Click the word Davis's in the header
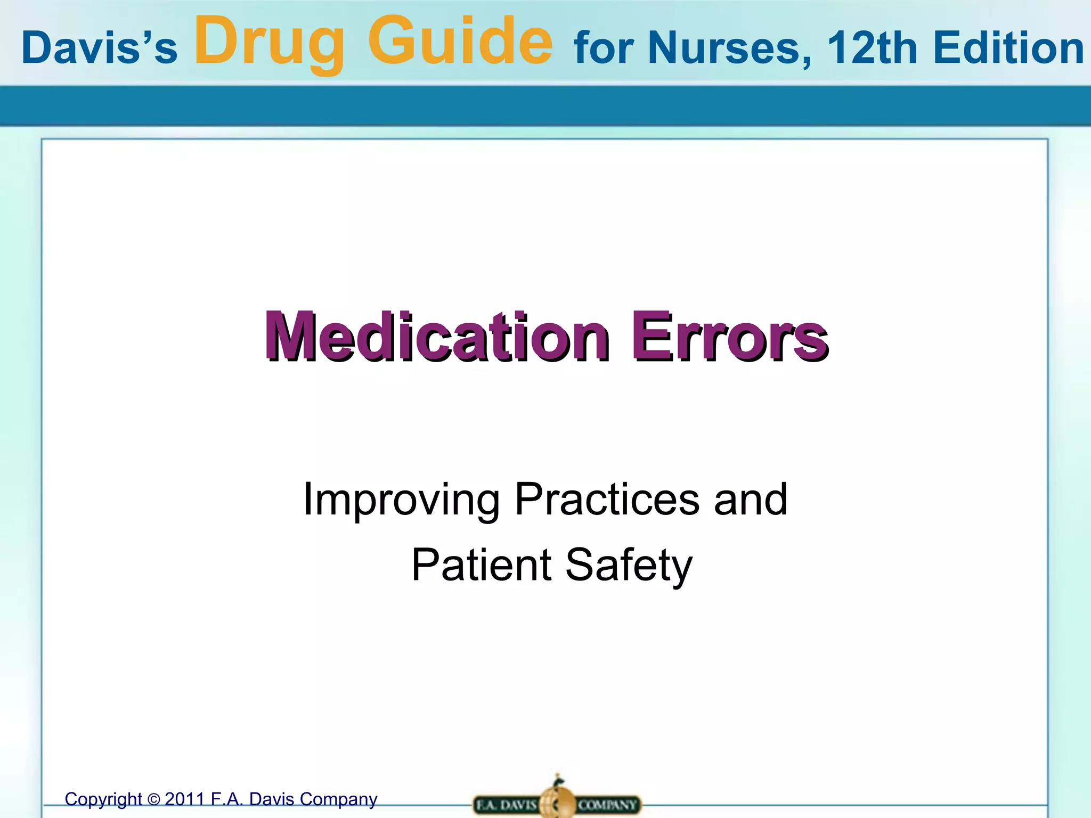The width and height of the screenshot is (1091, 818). pyautogui.click(x=99, y=48)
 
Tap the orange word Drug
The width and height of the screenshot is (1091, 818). pyautogui.click(x=270, y=43)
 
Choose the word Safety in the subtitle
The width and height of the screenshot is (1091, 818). pyautogui.click(x=629, y=566)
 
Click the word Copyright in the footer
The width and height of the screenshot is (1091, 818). pyautogui.click(x=103, y=799)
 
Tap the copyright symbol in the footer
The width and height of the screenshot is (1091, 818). pyautogui.click(x=153, y=800)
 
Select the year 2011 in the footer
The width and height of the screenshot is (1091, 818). pyautogui.click(x=185, y=799)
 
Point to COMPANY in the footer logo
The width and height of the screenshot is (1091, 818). pyautogui.click(x=607, y=804)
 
